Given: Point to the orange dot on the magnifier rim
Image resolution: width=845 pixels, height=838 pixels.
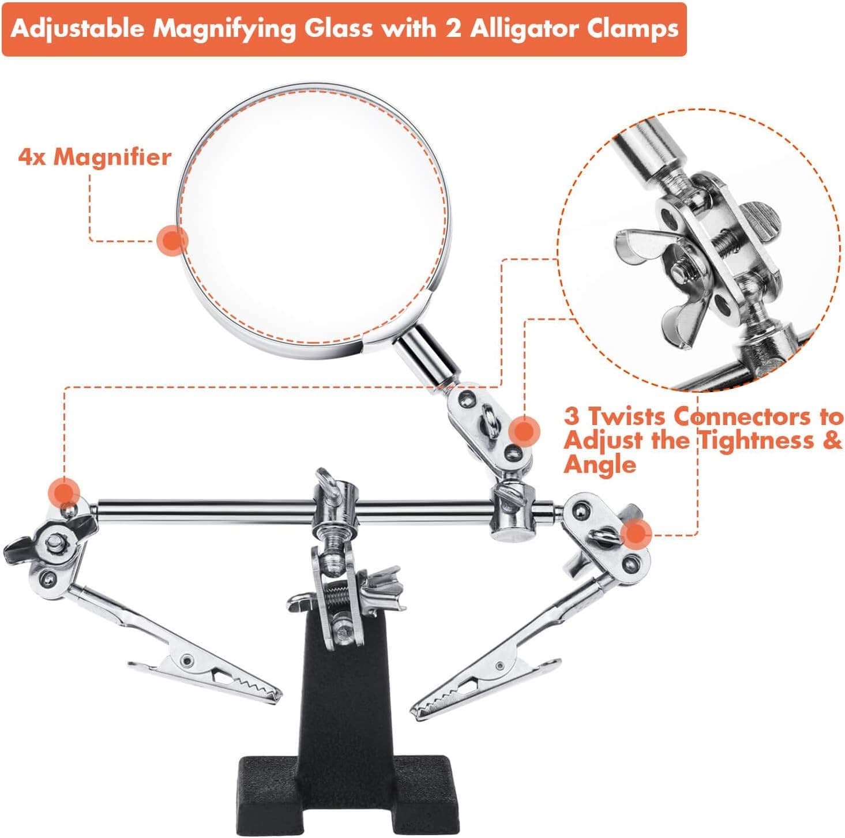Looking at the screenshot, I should [x=172, y=240].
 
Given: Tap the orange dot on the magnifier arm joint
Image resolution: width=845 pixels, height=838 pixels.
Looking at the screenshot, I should [x=524, y=431].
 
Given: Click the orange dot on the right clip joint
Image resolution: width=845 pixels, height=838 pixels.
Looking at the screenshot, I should [x=636, y=533].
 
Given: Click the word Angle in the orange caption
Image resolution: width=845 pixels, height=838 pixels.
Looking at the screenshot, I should [x=600, y=464].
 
